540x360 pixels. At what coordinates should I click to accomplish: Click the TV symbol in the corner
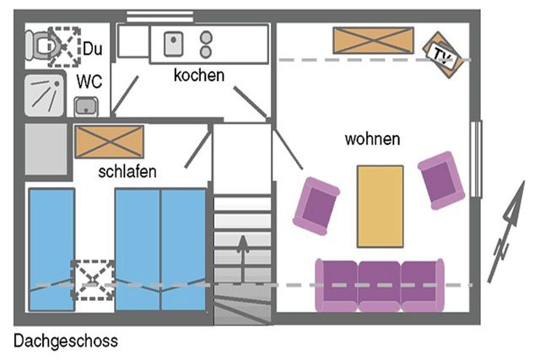click(x=441, y=55)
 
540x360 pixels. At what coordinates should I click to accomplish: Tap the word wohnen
click(x=372, y=139)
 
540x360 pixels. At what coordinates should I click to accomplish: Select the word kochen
click(x=199, y=76)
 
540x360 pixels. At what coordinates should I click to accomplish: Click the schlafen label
click(x=127, y=172)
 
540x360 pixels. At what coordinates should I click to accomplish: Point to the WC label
click(x=89, y=82)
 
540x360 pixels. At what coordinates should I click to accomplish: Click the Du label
click(x=93, y=49)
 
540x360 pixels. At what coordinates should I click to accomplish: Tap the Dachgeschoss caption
click(x=66, y=341)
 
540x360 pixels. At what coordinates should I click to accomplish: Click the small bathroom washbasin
click(x=85, y=106)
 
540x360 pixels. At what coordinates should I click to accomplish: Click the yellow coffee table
click(x=380, y=206)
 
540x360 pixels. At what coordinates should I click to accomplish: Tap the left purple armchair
click(x=316, y=205)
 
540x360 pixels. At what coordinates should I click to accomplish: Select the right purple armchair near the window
click(x=441, y=179)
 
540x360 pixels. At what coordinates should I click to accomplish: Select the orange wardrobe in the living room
click(x=373, y=40)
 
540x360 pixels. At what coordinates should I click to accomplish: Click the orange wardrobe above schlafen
click(x=109, y=141)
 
